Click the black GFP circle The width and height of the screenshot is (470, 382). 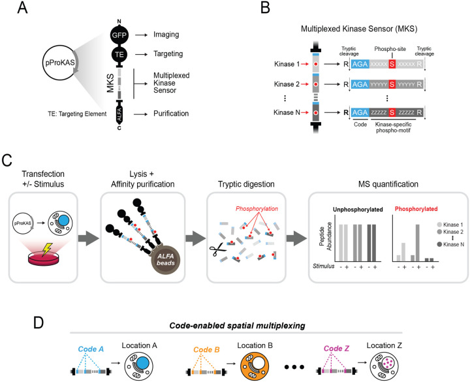[119, 35]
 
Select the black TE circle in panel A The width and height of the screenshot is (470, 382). [119, 54]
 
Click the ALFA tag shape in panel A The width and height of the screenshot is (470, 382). [119, 114]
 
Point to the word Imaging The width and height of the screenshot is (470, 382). [166, 35]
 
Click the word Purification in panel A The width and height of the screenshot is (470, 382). [171, 114]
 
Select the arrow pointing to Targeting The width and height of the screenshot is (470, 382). [141, 54]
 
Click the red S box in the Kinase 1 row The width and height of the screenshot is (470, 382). [392, 64]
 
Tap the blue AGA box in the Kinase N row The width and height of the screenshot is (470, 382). [360, 112]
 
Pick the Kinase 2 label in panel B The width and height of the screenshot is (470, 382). [287, 84]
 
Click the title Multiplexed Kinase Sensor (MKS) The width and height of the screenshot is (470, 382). [359, 29]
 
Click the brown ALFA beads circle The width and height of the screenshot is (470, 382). [166, 260]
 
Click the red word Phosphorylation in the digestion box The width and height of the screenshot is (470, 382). [257, 209]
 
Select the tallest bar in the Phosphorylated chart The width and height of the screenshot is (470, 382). [418, 243]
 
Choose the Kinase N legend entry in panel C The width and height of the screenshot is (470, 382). [450, 244]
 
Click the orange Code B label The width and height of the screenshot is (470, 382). [206, 349]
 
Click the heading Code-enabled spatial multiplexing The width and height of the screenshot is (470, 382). [237, 326]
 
